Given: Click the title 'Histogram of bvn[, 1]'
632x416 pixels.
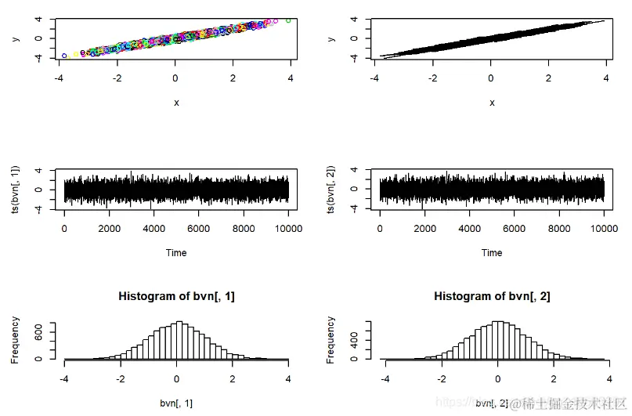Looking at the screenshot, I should pos(176,296).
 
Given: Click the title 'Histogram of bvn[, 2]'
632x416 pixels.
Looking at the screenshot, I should pos(492,296).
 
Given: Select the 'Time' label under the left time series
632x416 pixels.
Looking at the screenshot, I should pos(176,253).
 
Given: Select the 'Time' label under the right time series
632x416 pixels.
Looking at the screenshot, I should pos(492,253).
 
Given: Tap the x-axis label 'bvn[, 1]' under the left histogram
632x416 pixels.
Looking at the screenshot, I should pos(176,403).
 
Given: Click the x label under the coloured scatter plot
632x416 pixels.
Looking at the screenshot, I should pos(176,103).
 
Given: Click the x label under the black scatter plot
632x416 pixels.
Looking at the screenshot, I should pos(492,103).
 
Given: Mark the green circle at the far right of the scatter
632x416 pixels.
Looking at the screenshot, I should pos(288,20).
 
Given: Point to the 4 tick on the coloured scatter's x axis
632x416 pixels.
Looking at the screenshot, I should pos(291,78).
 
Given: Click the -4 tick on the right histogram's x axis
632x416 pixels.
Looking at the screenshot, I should pos(385,379).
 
